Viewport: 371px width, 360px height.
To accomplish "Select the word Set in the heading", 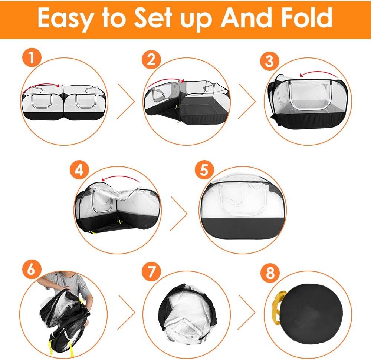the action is (x=153, y=17).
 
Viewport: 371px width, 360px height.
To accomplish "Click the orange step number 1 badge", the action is (x=32, y=58).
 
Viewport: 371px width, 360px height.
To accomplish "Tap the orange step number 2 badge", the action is (x=151, y=59).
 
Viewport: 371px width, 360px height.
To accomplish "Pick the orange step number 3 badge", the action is (x=270, y=61).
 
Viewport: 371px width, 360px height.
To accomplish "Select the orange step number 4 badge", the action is (x=79, y=170).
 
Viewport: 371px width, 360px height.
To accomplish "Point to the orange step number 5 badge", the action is (x=204, y=170).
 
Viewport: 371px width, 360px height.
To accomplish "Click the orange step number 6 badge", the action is (x=32, y=270).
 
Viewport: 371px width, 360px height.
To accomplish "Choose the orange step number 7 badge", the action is (x=151, y=272).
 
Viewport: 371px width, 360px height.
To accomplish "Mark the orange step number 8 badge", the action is (x=270, y=273).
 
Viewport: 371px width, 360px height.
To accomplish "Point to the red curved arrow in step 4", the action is (x=121, y=177).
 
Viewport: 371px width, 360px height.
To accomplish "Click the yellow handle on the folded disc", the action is (x=276, y=307).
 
